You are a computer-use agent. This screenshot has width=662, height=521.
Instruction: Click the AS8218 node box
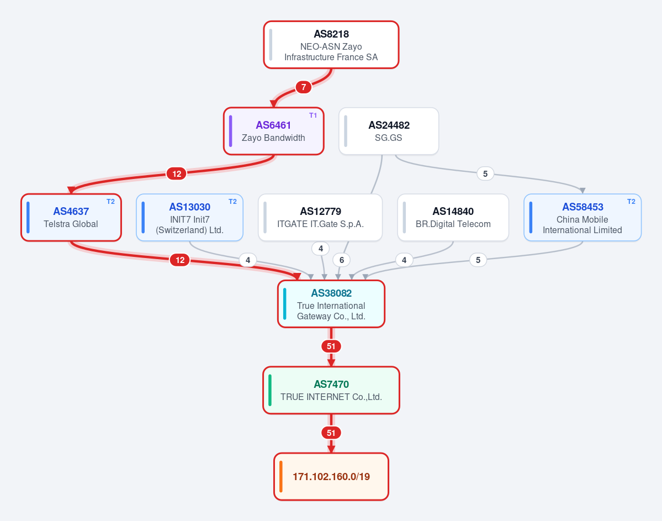(x=331, y=45)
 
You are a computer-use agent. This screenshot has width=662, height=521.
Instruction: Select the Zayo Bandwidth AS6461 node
(x=274, y=131)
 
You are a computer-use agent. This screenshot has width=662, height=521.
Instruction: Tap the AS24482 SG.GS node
(x=388, y=131)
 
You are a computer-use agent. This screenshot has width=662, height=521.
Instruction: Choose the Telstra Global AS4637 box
(x=71, y=218)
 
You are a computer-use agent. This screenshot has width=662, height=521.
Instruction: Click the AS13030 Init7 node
(x=189, y=218)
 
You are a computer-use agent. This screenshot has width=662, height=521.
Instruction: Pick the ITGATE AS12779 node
(x=320, y=218)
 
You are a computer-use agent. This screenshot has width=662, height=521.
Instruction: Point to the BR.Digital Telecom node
(x=453, y=218)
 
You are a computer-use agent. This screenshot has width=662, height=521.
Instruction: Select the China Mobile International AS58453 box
(x=582, y=218)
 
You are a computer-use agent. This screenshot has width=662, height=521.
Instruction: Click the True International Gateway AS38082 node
(x=331, y=304)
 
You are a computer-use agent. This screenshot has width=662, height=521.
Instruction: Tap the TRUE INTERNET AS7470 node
(x=331, y=391)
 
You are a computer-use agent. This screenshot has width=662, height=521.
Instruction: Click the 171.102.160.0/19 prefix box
(x=331, y=477)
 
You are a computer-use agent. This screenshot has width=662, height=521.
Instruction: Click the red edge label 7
(x=304, y=87)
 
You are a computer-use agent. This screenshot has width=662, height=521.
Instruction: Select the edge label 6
(x=342, y=260)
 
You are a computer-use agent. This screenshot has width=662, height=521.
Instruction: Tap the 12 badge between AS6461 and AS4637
(x=177, y=173)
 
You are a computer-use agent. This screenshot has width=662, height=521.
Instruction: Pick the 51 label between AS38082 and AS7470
(x=331, y=346)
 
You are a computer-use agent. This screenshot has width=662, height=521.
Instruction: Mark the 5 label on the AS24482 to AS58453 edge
(x=485, y=173)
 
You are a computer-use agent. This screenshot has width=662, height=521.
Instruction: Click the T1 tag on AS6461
(x=313, y=115)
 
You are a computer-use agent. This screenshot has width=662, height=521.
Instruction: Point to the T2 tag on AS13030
(x=232, y=202)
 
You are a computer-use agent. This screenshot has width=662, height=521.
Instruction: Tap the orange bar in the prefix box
(x=281, y=477)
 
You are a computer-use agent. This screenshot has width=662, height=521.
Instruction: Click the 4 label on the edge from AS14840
(x=404, y=260)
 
